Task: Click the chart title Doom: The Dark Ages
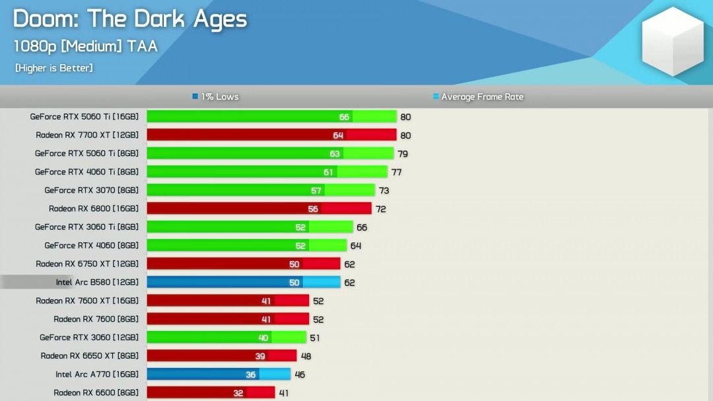(130, 19)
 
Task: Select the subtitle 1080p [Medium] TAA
(86, 46)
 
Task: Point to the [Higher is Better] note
(53, 68)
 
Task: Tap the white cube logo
(673, 42)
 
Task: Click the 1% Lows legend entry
(215, 97)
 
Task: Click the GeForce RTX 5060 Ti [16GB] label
(85, 117)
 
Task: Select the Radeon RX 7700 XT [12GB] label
(87, 135)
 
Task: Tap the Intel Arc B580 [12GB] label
(97, 282)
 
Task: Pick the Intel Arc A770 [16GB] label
(97, 375)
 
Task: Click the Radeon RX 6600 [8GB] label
(96, 393)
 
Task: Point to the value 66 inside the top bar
(344, 117)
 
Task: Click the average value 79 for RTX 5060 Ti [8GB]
(403, 154)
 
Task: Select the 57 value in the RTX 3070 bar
(316, 191)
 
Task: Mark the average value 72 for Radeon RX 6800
(380, 209)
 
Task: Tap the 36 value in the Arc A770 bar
(251, 375)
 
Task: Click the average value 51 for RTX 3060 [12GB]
(315, 338)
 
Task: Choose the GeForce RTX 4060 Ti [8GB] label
(86, 172)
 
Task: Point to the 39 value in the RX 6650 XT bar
(260, 356)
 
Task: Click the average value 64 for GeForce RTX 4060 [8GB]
(355, 246)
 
